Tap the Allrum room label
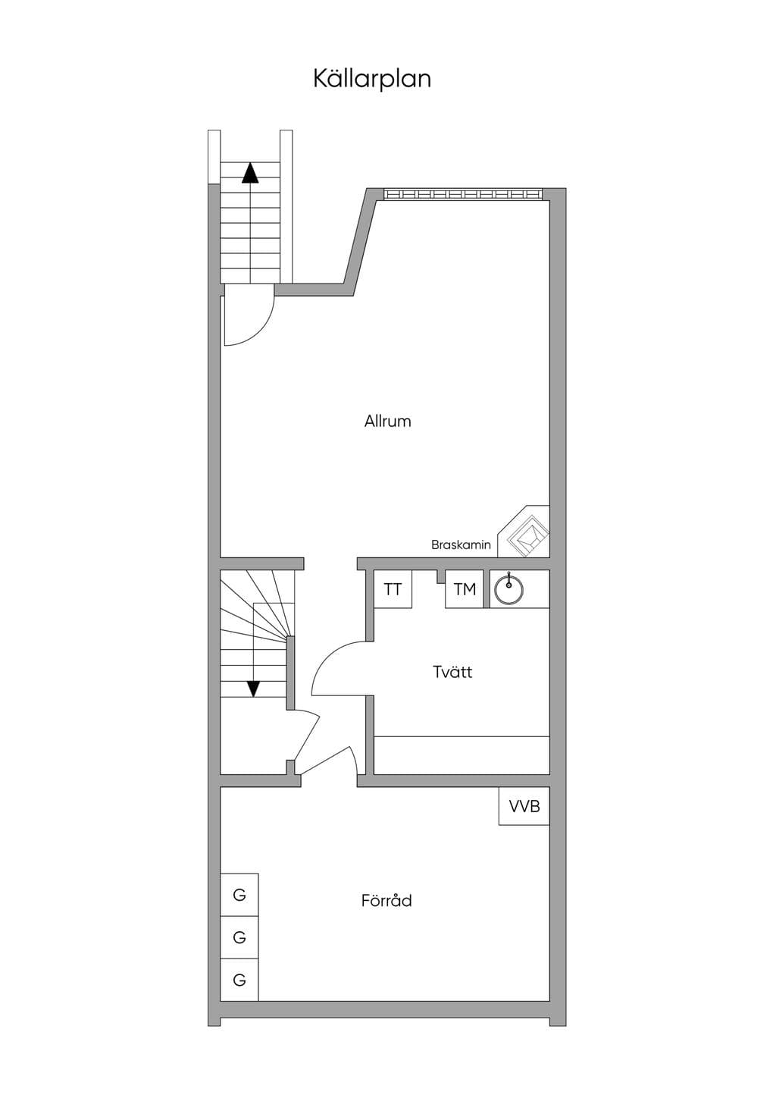(x=387, y=421)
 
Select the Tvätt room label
(x=452, y=671)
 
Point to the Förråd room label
(x=386, y=900)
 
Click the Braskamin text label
(x=461, y=544)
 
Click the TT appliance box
(x=393, y=588)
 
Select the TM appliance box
(x=465, y=588)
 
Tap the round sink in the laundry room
(x=509, y=588)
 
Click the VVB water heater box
(x=524, y=806)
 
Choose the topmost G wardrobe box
(x=239, y=895)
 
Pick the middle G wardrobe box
(x=239, y=937)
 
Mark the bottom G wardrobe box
(x=239, y=980)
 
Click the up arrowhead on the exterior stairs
(x=250, y=173)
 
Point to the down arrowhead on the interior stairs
(x=253, y=689)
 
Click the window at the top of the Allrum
(x=464, y=194)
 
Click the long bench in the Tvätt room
(x=462, y=755)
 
